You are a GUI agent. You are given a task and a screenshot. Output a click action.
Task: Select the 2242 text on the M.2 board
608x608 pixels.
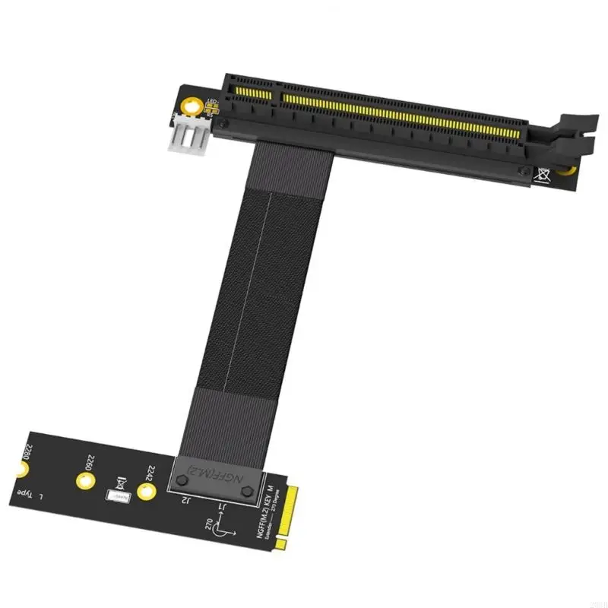pyautogui.click(x=150, y=475)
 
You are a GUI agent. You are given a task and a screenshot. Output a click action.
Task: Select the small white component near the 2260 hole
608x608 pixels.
pyautogui.click(x=116, y=496)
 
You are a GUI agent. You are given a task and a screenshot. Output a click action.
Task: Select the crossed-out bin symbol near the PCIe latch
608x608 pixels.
pyautogui.click(x=543, y=173)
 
